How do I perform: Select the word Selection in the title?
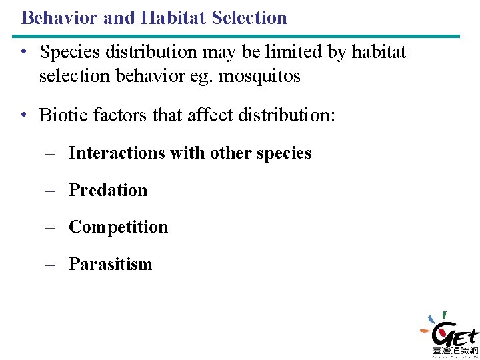pos(249,17)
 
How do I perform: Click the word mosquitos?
pos(261,77)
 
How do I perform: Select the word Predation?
pos(108,190)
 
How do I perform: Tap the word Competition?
pos(119,227)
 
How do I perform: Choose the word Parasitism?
pos(111,265)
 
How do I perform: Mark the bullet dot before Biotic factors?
pos(24,115)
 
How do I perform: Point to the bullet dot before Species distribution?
pos(24,52)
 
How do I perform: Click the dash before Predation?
pos(50,191)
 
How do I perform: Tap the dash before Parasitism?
pos(50,265)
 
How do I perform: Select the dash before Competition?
pos(50,228)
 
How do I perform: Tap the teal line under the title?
pos(240,36)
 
